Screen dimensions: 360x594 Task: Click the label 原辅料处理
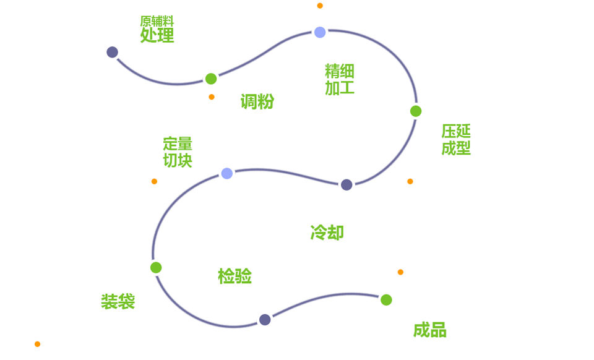pos(157,30)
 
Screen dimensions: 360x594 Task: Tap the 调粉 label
pos(257,102)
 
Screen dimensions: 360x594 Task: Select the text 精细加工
pos(340,80)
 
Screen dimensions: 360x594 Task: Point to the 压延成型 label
pos(456,140)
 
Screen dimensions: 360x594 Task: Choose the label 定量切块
pos(178,152)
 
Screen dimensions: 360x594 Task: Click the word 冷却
pos(327,233)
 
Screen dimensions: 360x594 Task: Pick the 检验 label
pos(235,276)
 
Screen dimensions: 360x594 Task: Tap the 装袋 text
pos(118,302)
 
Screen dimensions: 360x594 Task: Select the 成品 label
pos(430,330)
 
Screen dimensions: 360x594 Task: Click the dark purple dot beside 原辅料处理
pos(112,52)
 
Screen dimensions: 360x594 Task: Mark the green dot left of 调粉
pos(211,79)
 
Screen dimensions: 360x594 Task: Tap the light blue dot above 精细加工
pos(320,32)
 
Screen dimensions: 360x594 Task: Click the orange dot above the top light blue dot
pos(320,6)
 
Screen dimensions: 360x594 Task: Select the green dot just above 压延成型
pos(416,111)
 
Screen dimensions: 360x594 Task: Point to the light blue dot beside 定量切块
pos(227,174)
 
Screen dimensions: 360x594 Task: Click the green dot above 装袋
pos(156,268)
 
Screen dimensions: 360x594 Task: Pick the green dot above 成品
pos(386,300)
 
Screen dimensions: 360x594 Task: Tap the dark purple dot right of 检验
pos(265,320)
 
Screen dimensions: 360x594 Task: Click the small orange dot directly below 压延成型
pos(410,181)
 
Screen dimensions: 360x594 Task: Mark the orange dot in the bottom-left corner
pos(37,344)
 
